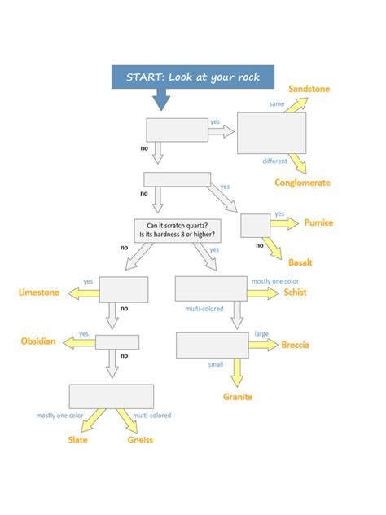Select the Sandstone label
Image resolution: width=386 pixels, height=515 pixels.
tap(309, 88)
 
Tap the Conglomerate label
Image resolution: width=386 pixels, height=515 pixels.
tap(302, 183)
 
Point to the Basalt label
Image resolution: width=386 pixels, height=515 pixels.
tap(300, 262)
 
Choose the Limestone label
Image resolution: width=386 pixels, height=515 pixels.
tap(39, 293)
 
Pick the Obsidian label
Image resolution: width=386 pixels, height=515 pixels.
tap(38, 341)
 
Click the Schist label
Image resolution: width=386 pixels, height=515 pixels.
tap(295, 293)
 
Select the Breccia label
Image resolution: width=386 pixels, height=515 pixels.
tap(295, 345)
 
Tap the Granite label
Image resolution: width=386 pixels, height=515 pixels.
tap(238, 397)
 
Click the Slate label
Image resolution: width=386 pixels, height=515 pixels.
tap(78, 440)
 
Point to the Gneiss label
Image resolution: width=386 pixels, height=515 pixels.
tap(140, 440)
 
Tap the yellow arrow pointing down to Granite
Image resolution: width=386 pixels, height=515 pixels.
tap(237, 372)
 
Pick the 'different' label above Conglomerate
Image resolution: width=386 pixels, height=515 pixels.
tap(274, 161)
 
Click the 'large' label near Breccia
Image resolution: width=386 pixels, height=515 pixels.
tap(261, 333)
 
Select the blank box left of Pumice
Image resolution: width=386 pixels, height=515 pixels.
tap(255, 226)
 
